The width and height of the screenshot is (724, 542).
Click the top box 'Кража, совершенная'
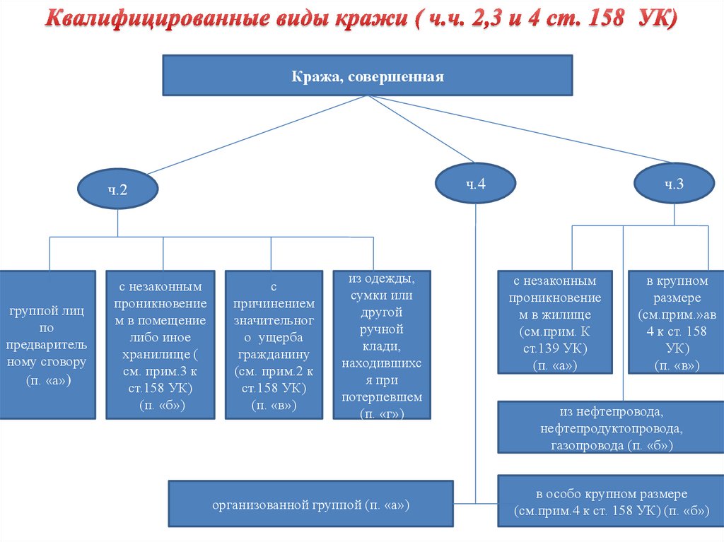click(x=368, y=76)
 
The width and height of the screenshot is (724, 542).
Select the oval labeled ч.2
click(x=117, y=190)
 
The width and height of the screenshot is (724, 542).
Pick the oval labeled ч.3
click(x=673, y=184)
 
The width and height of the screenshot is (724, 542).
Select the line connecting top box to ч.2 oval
click(x=233, y=136)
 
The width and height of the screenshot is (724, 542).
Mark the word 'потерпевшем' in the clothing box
click(x=381, y=397)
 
